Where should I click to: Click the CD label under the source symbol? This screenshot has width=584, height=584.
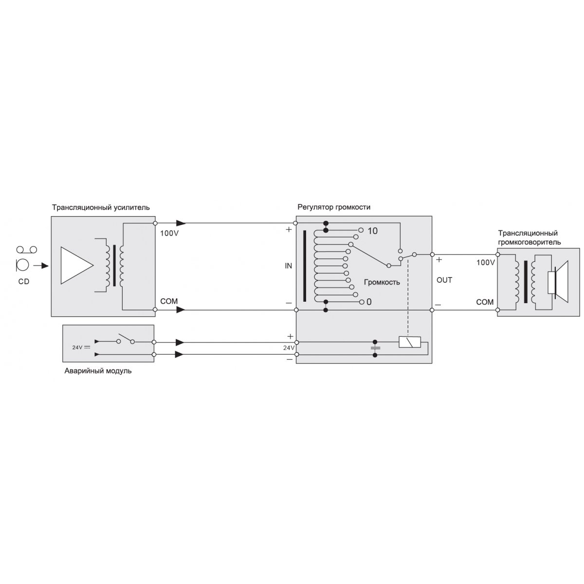click(24, 282)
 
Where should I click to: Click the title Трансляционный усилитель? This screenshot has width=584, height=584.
click(101, 208)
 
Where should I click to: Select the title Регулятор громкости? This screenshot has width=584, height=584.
click(334, 207)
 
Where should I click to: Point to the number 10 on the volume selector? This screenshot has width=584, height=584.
click(372, 231)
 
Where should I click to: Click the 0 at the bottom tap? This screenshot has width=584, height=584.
click(369, 302)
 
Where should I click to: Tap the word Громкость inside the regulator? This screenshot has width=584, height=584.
click(382, 282)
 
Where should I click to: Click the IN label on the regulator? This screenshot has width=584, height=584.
click(289, 266)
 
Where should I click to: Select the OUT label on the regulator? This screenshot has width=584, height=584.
click(444, 280)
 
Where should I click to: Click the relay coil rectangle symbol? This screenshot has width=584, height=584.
click(410, 342)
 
